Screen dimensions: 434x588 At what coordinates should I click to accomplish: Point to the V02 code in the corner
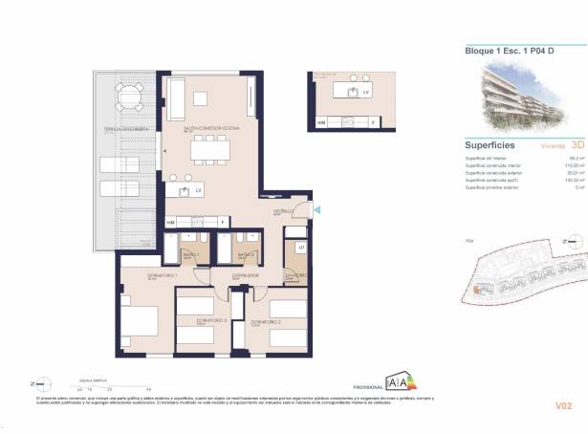[563, 405]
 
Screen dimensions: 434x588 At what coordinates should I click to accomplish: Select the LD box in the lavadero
[300, 249]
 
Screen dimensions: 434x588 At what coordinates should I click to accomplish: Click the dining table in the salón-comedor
[211, 149]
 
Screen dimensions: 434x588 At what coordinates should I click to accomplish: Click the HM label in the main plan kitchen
[171, 222]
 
